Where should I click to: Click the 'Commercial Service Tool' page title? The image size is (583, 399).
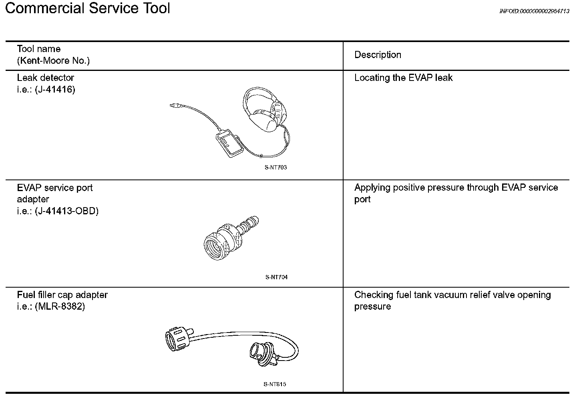pos(88,8)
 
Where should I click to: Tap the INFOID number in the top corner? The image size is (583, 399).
pos(534,11)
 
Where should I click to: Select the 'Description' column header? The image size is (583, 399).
pos(378,55)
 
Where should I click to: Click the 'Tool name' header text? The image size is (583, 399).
pos(39,49)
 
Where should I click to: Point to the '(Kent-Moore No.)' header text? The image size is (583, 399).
pos(53,60)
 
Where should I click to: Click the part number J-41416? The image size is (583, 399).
pos(55,89)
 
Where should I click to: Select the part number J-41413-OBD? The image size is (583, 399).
pos(67,211)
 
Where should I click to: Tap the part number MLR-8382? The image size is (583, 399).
pos(60,306)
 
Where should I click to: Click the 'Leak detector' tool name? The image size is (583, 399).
pos(46,78)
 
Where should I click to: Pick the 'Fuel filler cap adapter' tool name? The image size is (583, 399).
pos(62,295)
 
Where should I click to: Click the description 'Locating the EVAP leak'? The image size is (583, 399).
pos(403,78)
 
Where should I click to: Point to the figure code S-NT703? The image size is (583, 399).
pos(275,167)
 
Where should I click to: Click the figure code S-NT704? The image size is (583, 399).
pos(276,277)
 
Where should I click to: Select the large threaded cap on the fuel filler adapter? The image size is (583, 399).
pos(177,341)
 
